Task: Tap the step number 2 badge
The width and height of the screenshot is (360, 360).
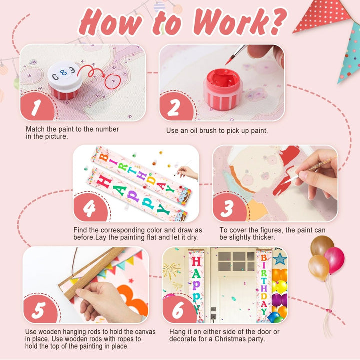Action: tap(176, 106)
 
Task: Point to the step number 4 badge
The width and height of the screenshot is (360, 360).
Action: tap(90, 207)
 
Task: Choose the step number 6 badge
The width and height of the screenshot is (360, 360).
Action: tap(179, 309)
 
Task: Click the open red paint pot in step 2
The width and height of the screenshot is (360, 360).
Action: tap(223, 89)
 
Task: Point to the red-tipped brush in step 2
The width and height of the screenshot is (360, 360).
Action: tap(236, 55)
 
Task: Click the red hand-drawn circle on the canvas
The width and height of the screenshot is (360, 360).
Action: tap(112, 82)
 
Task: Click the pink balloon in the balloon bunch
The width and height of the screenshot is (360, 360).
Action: tap(335, 260)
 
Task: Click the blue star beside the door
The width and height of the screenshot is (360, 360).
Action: tap(280, 259)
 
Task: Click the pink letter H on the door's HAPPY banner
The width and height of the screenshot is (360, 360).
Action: tap(196, 261)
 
